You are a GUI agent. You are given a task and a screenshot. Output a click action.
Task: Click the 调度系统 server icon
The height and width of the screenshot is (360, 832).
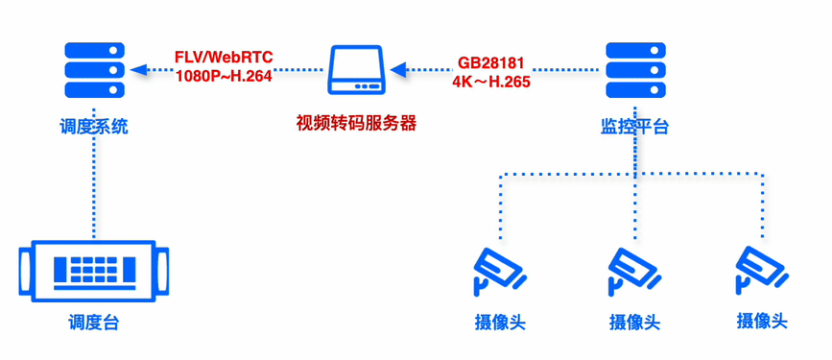click(x=93, y=70)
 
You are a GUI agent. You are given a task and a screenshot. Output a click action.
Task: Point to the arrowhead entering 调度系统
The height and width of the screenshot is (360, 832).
click(x=137, y=69)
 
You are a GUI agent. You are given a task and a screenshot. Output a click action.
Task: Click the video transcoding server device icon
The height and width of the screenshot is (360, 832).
click(x=357, y=71)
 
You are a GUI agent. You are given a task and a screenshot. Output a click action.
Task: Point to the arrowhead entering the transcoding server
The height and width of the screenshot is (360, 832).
click(x=398, y=70)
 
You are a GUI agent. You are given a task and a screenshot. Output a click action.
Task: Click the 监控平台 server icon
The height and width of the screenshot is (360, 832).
click(x=634, y=70)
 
